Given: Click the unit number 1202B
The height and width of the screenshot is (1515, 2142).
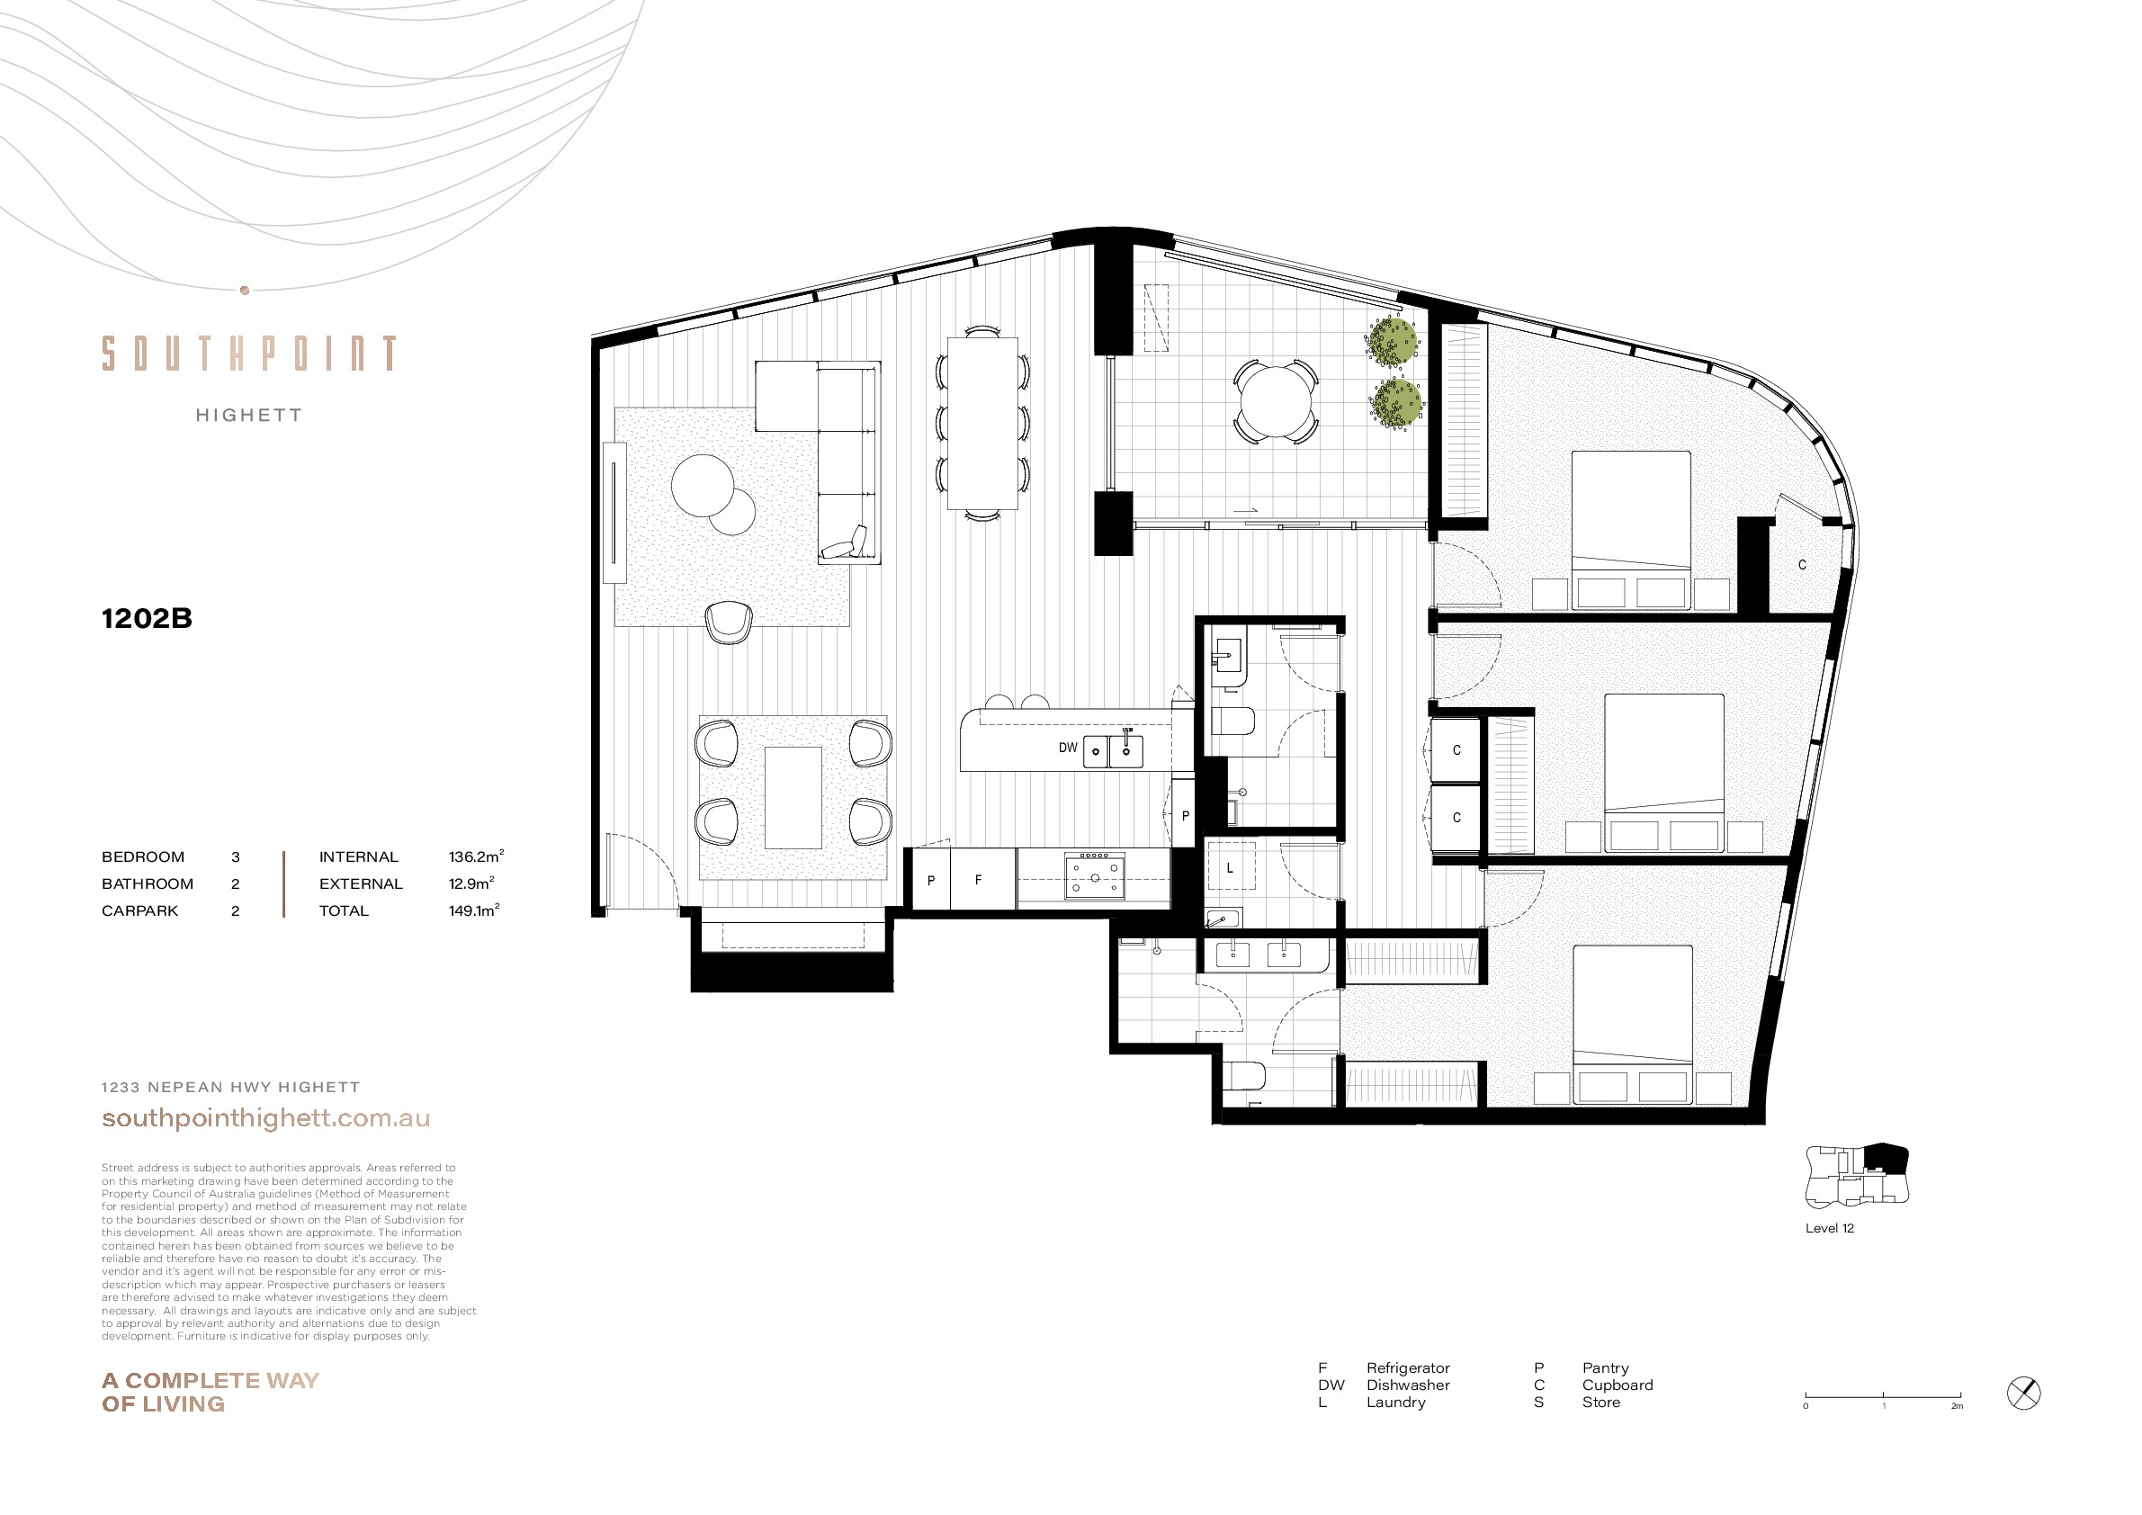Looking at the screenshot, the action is pyautogui.click(x=147, y=618).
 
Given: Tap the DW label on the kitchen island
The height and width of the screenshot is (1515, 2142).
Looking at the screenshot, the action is pyautogui.click(x=1067, y=748).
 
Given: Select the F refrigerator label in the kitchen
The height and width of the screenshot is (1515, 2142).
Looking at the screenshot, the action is pyautogui.click(x=978, y=880).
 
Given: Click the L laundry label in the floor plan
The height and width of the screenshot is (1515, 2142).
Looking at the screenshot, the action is pyautogui.click(x=1230, y=867).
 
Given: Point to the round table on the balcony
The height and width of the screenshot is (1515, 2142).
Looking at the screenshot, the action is pyautogui.click(x=1276, y=402).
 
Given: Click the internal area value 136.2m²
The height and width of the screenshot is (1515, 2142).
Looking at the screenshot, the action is pyautogui.click(x=476, y=856).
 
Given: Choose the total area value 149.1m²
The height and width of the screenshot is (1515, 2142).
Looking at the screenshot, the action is pyautogui.click(x=474, y=910).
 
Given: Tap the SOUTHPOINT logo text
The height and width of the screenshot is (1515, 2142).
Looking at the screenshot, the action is pyautogui.click(x=249, y=354).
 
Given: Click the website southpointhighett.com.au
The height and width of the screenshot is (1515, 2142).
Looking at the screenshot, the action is pyautogui.click(x=266, y=1117).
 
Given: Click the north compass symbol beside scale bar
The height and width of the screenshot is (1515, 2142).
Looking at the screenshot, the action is pyautogui.click(x=2023, y=1394).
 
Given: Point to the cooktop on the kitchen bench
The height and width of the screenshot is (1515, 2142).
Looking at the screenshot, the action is pyautogui.click(x=1094, y=876).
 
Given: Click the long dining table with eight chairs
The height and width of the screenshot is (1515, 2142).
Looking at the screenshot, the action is pyautogui.click(x=982, y=424).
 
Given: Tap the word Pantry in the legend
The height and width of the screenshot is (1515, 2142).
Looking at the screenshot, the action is pyautogui.click(x=1606, y=1367).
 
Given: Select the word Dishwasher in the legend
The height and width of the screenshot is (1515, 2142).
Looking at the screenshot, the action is pyautogui.click(x=1408, y=1385).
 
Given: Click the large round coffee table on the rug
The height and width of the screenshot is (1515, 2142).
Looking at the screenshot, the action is pyautogui.click(x=703, y=484).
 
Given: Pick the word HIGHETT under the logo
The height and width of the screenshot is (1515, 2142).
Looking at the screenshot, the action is pyautogui.click(x=249, y=415).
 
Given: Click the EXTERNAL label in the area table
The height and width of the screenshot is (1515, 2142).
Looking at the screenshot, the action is pyautogui.click(x=361, y=883).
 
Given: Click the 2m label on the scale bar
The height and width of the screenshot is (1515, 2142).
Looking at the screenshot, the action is pyautogui.click(x=1957, y=1406).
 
